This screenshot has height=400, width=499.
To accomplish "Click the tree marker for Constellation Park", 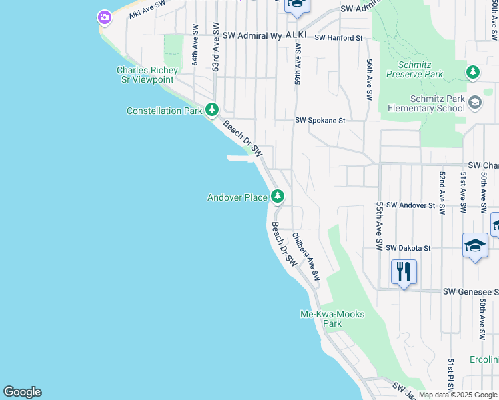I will tap(211, 109).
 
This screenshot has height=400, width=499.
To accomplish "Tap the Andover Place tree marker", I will tap(278, 196).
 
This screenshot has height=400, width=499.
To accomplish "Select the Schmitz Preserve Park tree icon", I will tap(472, 71).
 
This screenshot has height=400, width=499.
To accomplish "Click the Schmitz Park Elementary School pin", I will tap(474, 103).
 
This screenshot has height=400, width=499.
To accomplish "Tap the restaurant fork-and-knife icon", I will tap(404, 272).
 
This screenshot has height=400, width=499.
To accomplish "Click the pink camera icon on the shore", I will tap(104, 17).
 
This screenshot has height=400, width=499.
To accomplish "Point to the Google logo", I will tap(22, 392).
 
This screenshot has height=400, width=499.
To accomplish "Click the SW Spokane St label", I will tap(320, 121).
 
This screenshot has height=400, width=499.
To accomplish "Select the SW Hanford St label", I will tap(338, 38).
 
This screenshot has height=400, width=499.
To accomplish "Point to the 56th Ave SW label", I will tap(369, 79).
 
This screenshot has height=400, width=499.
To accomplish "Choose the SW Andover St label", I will tap(410, 205).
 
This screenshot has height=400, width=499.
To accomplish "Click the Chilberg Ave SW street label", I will tap(306, 256).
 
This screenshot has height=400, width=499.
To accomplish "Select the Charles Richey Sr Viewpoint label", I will tap(147, 75).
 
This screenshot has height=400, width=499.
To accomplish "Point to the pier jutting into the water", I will tap(238, 158).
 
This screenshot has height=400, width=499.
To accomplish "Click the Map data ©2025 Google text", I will tap(458, 395).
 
